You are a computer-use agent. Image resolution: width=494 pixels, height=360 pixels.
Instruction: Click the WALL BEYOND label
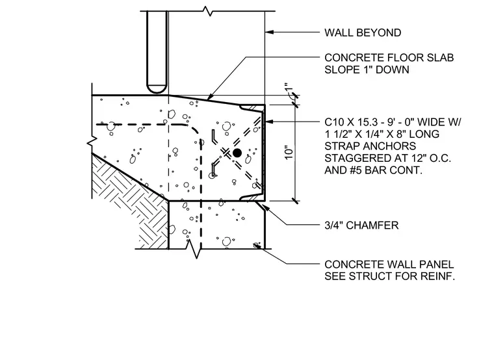363,32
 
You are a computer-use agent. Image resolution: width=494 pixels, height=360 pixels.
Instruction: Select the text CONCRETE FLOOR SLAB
389,58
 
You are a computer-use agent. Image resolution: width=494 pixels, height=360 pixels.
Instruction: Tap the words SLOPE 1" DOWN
367,70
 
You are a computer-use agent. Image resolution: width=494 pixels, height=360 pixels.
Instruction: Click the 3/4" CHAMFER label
361,225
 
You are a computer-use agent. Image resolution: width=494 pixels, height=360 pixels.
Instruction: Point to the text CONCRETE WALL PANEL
389,264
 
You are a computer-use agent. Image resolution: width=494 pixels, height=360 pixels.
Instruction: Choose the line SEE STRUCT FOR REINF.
390,276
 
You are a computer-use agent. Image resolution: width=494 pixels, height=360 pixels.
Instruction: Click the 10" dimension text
289,153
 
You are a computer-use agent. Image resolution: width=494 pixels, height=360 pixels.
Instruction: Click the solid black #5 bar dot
237,153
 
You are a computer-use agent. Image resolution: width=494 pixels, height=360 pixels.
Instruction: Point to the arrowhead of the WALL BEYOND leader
269,32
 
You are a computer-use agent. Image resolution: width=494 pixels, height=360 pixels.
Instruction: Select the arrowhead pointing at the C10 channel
269,122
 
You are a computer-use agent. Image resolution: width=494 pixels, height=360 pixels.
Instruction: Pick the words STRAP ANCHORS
370,146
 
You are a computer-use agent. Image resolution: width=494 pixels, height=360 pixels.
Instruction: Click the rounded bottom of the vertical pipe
157,89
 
